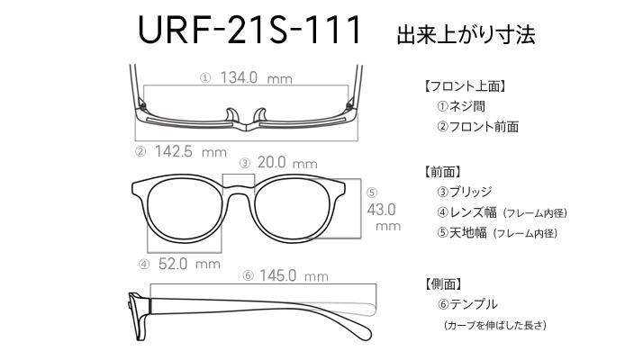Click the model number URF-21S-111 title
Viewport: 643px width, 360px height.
tap(249, 30)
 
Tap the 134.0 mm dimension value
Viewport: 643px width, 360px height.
tap(257, 77)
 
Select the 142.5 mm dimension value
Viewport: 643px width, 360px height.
tap(191, 152)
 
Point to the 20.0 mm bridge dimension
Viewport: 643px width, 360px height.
tap(287, 163)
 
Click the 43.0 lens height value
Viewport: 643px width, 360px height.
tap(381, 210)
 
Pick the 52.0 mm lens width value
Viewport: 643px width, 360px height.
tap(189, 264)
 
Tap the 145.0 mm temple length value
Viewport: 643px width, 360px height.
tap(294, 275)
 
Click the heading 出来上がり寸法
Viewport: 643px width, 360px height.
tap(466, 34)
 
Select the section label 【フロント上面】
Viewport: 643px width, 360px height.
tap(464, 86)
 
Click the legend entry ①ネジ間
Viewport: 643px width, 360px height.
tap(461, 106)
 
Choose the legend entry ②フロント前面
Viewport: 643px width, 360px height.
tap(478, 127)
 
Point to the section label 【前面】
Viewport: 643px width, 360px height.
tap(442, 172)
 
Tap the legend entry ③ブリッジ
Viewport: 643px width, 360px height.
tap(465, 192)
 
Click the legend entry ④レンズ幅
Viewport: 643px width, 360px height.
tap(467, 212)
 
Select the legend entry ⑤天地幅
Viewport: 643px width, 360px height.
tap(462, 233)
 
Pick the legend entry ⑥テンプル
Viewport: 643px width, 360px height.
tap(467, 304)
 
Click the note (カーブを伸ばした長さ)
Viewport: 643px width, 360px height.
tap(495, 325)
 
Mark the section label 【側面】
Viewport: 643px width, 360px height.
tap(442, 284)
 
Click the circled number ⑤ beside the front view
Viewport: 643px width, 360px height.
tap(372, 193)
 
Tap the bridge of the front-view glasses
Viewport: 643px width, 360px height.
tap(239, 190)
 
